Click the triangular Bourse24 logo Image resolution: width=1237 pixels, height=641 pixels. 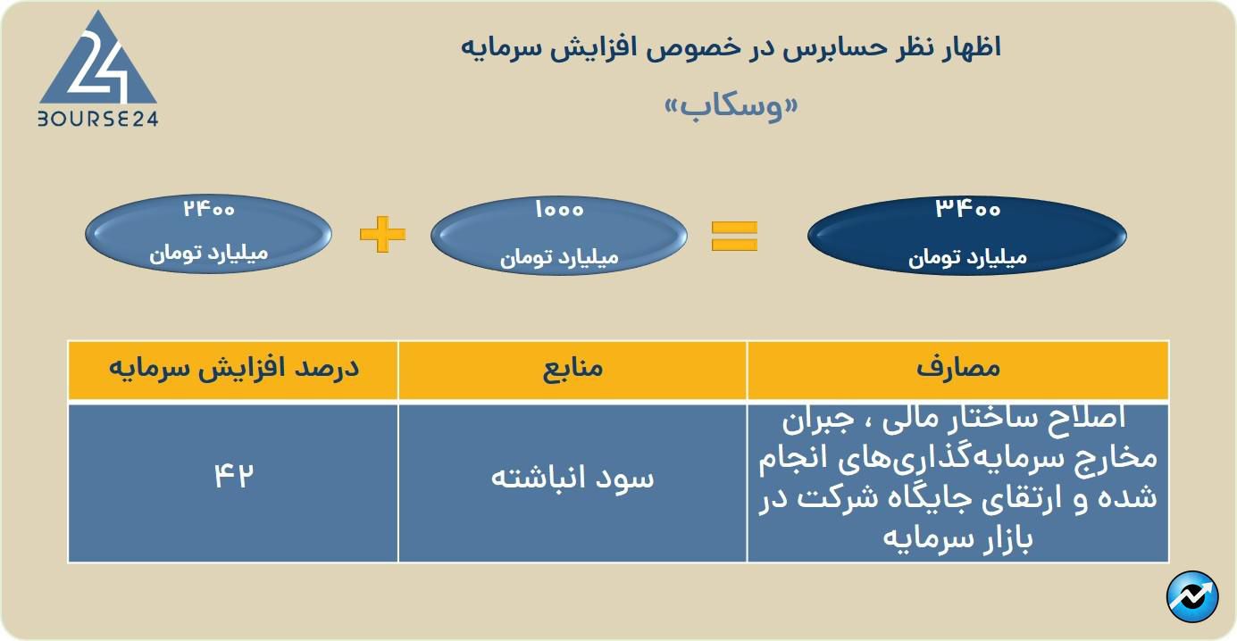(x=98, y=61)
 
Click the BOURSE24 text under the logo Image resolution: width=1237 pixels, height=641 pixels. (x=98, y=119)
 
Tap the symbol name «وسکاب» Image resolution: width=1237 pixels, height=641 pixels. (x=731, y=106)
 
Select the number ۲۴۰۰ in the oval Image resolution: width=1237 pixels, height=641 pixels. (x=209, y=209)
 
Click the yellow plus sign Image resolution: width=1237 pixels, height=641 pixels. (x=382, y=234)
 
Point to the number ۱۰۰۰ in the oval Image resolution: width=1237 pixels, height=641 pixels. (x=559, y=210)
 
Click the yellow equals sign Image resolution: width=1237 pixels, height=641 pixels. (x=734, y=236)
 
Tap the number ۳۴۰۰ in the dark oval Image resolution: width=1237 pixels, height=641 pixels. (x=967, y=209)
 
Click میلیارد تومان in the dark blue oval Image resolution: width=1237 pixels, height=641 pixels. (x=967, y=258)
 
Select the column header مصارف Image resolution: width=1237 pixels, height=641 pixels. (x=958, y=368)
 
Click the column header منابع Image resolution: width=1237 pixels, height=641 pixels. (x=573, y=368)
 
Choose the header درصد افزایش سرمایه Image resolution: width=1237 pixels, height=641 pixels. (x=234, y=368)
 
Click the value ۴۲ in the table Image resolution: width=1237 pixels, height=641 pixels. (x=234, y=476)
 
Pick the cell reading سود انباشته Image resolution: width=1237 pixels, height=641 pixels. (x=573, y=479)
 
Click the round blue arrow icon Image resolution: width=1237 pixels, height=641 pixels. (x=1193, y=597)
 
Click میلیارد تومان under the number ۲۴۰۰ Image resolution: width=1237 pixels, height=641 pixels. (x=209, y=254)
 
